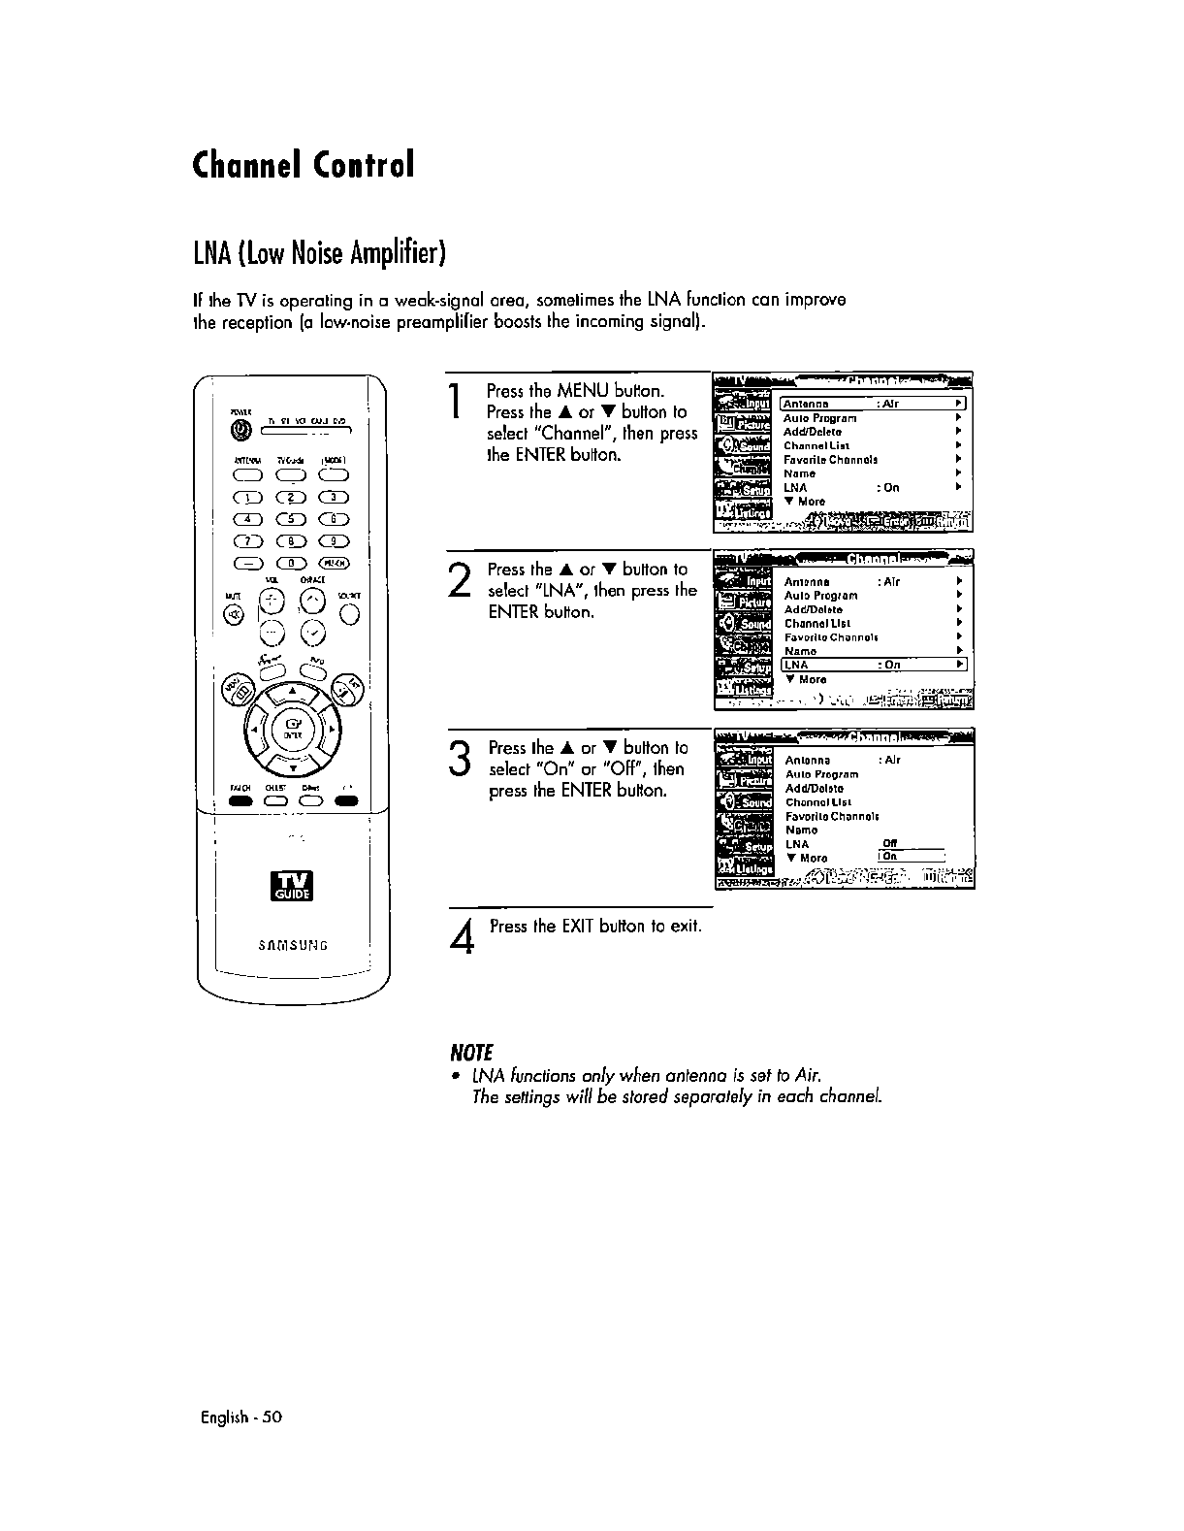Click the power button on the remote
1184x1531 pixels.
pos(234,430)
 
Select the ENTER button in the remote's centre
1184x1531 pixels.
pos(292,725)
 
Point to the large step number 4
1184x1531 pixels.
pos(464,936)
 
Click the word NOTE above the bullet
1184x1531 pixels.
pos(471,1053)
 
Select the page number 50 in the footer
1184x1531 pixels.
pos(272,1417)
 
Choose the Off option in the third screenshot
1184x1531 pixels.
pos(890,842)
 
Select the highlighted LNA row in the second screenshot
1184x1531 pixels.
pos(873,665)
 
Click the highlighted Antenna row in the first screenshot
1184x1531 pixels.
pos(873,404)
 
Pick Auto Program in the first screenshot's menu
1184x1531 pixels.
pos(819,418)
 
